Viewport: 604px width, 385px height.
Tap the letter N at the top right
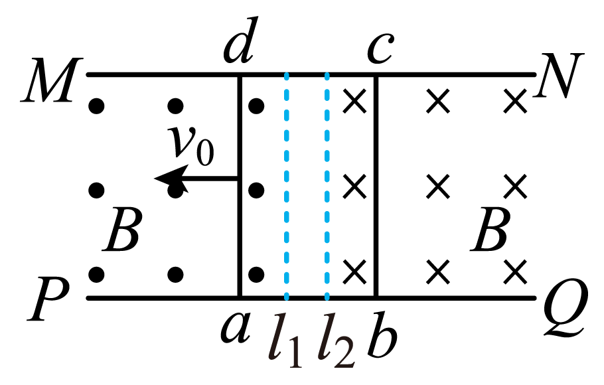pos(561,75)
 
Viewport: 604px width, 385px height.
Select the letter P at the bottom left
pos(48,299)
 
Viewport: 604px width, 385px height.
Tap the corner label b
pos(382,335)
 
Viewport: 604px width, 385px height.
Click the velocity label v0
pos(191,145)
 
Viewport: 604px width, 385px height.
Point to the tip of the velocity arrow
pos(154,179)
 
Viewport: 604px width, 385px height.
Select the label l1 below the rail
pos(284,341)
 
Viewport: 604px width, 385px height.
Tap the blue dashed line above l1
pos(287,186)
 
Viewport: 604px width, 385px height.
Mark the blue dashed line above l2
pos(327,186)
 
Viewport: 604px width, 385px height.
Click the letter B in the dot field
pos(123,230)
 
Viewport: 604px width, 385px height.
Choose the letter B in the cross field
pos(490,230)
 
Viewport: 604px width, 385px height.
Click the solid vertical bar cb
pos(376,186)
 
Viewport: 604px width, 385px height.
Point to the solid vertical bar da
pos(240,186)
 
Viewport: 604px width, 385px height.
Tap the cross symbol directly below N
pos(516,101)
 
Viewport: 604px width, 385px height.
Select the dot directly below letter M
pos(96,105)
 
